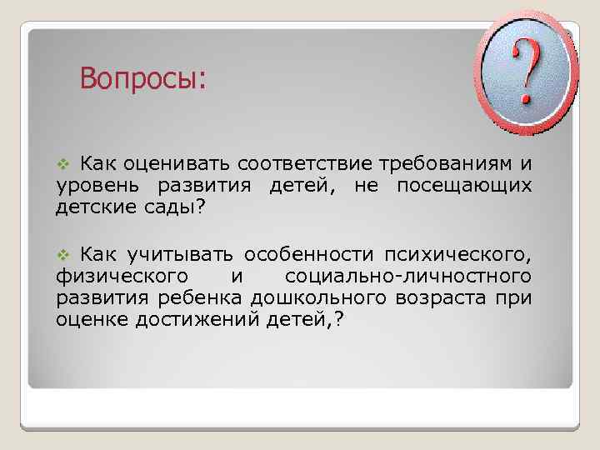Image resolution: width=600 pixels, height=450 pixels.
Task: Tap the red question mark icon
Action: (526, 72)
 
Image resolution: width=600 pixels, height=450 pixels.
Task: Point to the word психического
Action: (457, 254)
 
